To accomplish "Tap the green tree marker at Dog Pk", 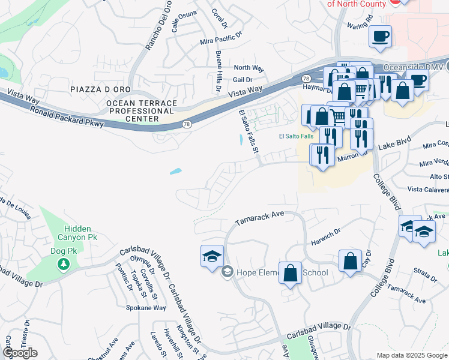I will [62, 264].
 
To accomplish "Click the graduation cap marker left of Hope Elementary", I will [211, 256].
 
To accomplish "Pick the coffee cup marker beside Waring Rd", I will [380, 37].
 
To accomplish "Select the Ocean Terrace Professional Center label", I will [142, 111].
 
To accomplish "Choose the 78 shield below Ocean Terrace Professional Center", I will [187, 124].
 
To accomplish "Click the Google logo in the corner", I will [20, 353].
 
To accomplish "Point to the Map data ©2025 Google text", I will [412, 355].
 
